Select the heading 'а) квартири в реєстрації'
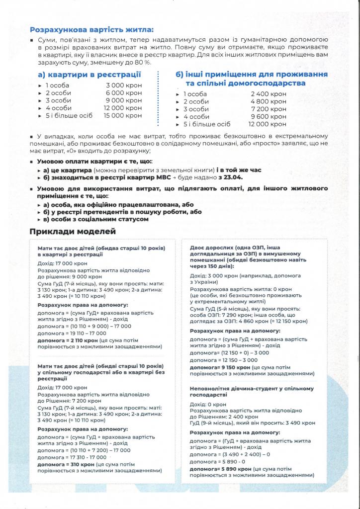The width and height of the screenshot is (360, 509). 89,75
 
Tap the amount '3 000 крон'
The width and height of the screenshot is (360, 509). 124,85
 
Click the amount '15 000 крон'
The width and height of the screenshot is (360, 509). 122,115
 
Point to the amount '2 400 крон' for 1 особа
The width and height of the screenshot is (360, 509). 269,94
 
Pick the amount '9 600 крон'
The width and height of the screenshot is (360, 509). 269,116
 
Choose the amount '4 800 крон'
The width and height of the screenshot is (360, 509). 269,101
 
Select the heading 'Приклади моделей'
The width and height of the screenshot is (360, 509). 73,231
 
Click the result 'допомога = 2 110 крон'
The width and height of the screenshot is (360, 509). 68,340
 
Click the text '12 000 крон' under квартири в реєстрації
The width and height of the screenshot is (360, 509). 122,108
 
